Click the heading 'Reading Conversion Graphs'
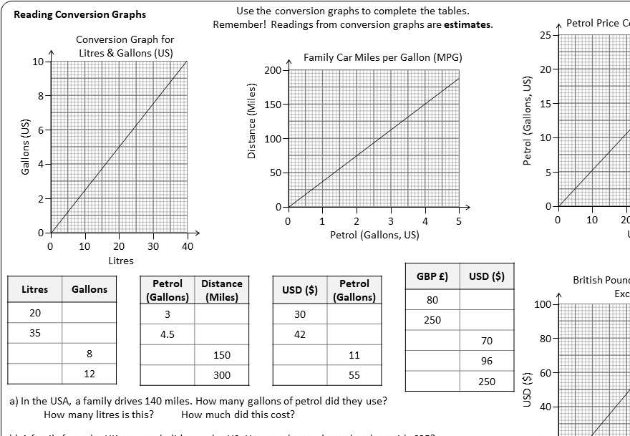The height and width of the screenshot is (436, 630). click(80, 14)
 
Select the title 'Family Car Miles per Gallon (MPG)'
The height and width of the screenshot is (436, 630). click(382, 57)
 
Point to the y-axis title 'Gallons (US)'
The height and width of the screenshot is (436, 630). click(26, 147)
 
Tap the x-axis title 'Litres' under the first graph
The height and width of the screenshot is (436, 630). click(120, 261)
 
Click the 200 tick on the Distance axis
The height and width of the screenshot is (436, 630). click(272, 70)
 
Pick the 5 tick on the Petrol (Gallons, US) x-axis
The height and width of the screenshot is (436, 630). click(459, 221)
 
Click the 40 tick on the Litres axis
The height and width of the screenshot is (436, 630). click(188, 246)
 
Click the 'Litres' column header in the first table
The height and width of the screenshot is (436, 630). click(35, 289)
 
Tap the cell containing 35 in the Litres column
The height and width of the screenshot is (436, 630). click(35, 333)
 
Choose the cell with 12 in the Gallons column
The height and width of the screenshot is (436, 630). click(89, 373)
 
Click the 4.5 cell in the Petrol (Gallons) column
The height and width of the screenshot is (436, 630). click(168, 334)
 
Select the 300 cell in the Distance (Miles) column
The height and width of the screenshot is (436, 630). click(222, 374)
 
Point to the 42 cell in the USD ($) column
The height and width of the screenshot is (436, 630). click(300, 334)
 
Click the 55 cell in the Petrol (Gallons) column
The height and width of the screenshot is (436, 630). click(354, 374)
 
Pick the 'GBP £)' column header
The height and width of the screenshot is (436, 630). click(432, 276)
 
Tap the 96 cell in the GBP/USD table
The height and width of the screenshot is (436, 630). click(487, 361)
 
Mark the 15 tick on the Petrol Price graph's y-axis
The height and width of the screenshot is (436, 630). click(546, 104)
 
